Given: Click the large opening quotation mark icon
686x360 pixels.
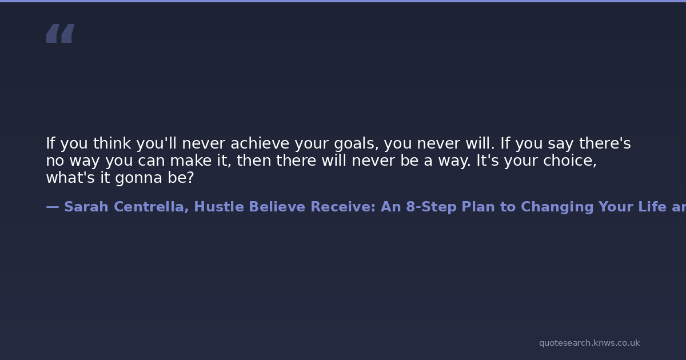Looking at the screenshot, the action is pyautogui.click(x=61, y=33).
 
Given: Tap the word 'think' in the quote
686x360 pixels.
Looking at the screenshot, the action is pyautogui.click(x=112, y=143).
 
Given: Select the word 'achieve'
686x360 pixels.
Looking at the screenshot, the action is pyautogui.click(x=260, y=143).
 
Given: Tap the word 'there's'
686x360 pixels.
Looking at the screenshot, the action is pyautogui.click(x=605, y=143).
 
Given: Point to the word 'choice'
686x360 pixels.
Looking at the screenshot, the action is pyautogui.click(x=568, y=161).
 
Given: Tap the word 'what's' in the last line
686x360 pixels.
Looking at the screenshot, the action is pyautogui.click(x=70, y=178).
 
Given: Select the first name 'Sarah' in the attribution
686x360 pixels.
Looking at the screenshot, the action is pyautogui.click(x=86, y=207).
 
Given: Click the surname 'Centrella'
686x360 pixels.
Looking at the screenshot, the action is pyautogui.click(x=149, y=207).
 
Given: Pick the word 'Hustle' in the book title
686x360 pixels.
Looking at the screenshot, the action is pyautogui.click(x=219, y=207).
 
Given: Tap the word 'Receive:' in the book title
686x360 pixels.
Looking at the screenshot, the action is pyautogui.click(x=343, y=207).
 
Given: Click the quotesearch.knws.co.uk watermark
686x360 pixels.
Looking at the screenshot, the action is pyautogui.click(x=589, y=343).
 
